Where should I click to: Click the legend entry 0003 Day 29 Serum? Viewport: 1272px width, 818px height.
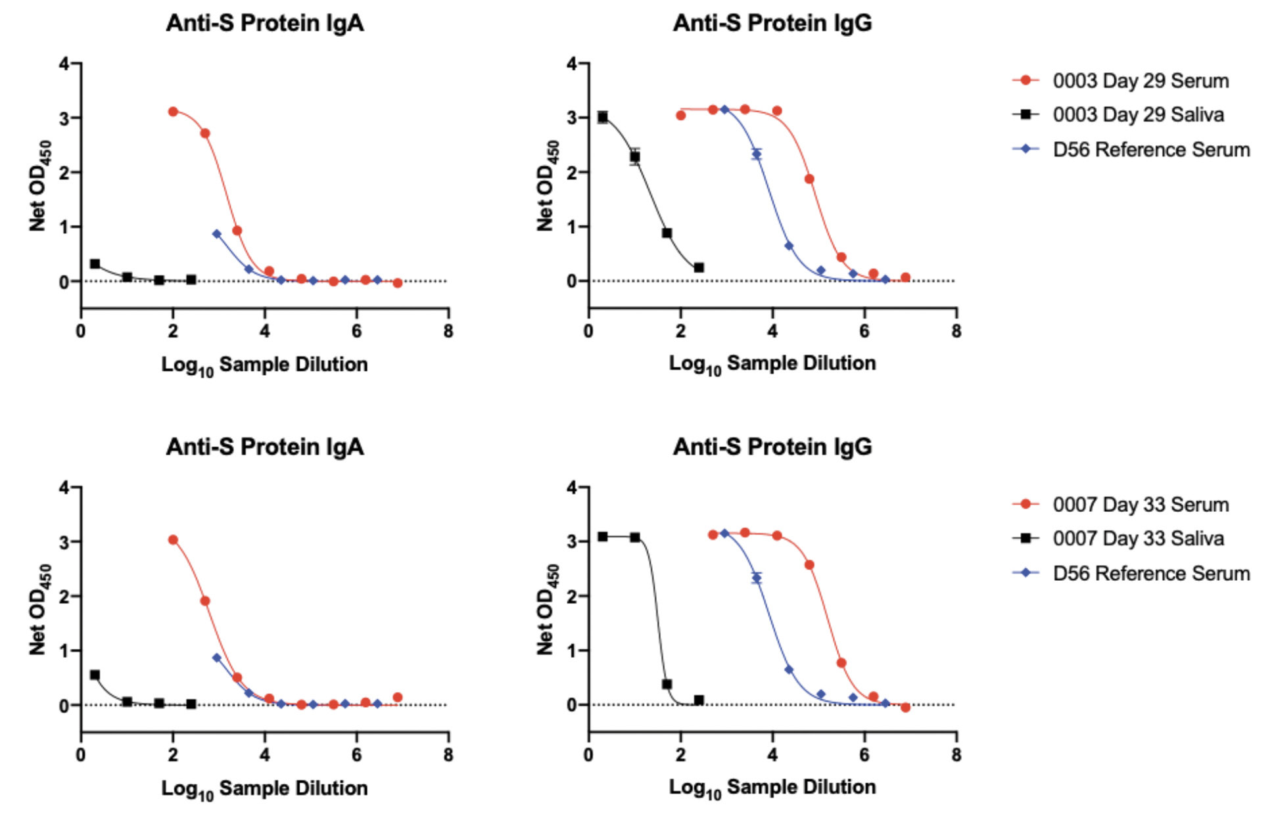point(1140,81)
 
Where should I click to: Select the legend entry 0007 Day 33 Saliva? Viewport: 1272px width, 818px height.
point(1137,539)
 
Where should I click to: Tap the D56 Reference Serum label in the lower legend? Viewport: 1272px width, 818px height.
point(1150,573)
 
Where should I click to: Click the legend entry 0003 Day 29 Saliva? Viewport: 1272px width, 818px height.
point(1137,115)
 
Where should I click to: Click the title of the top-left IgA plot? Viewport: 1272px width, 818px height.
point(264,23)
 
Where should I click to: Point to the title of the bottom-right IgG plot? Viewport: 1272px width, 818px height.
point(772,447)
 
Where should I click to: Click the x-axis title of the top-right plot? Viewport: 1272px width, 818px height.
point(772,363)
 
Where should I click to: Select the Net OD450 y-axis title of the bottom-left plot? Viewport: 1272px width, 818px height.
point(38,609)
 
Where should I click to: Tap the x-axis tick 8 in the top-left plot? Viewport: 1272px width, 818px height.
point(448,331)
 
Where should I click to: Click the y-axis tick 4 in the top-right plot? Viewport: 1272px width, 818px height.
point(572,64)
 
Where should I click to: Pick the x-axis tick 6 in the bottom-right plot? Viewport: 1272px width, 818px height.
point(864,755)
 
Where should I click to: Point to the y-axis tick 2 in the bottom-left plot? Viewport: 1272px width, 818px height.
point(64,596)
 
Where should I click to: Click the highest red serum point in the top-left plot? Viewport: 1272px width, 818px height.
point(173,112)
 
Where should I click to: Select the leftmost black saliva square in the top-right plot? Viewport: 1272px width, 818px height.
point(602,118)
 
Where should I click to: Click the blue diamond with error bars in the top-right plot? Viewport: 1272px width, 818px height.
point(757,154)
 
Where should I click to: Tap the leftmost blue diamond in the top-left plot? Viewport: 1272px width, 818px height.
point(217,234)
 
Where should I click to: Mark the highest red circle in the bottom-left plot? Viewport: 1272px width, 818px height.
point(173,540)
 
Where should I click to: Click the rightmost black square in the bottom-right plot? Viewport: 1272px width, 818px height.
point(699,700)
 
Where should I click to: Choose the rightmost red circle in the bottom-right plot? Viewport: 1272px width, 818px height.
point(905,708)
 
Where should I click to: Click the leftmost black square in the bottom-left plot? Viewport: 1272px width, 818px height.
point(95,675)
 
